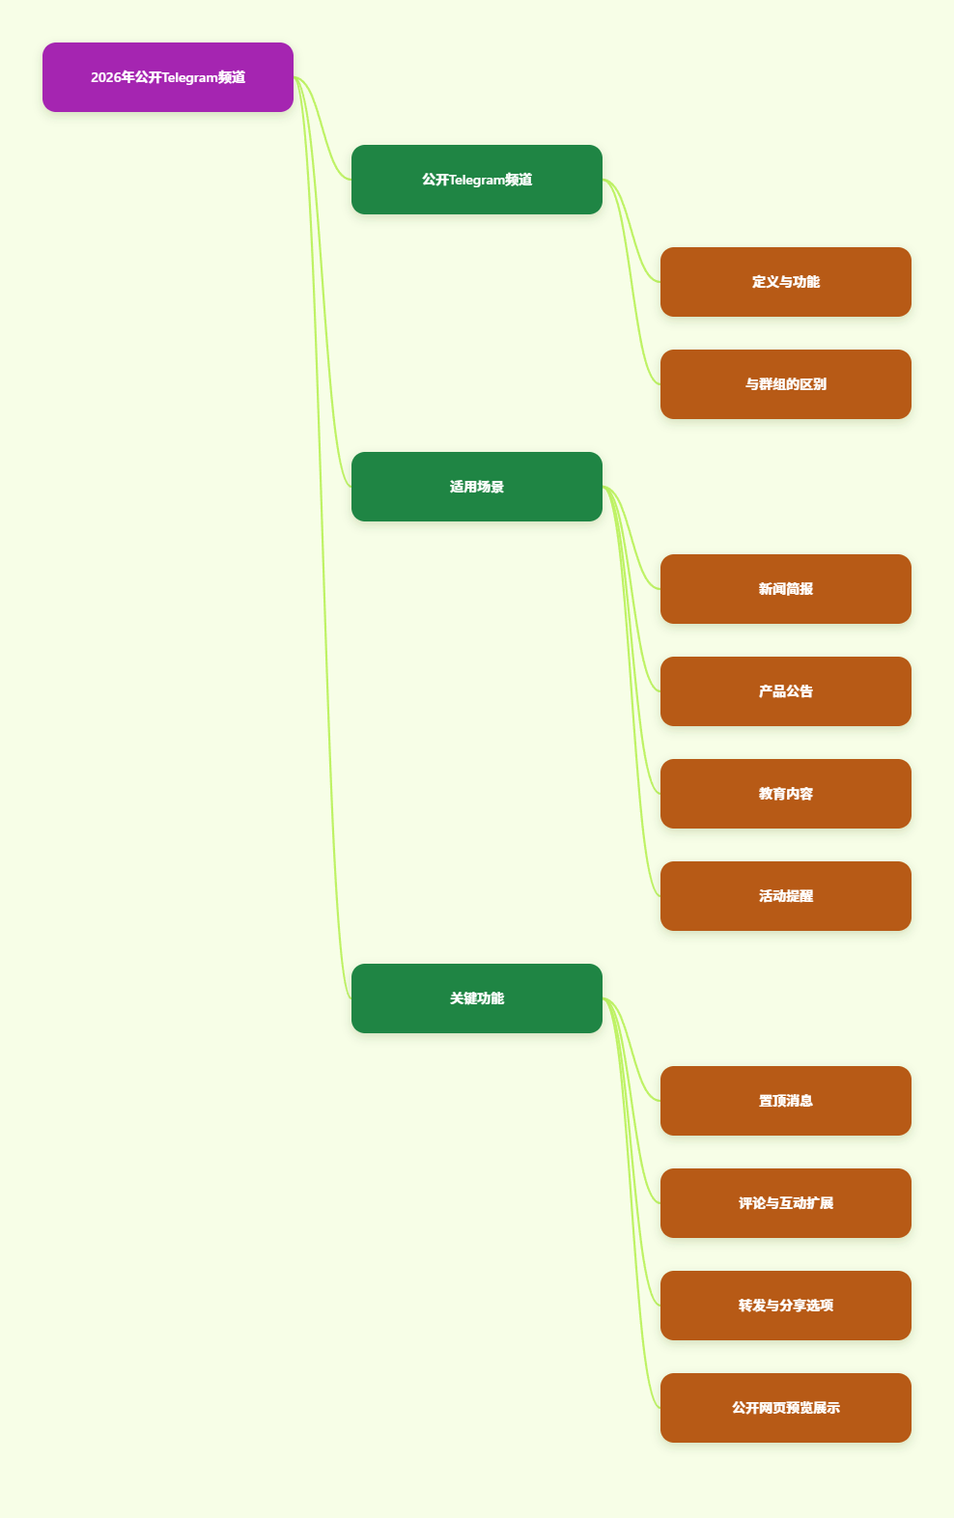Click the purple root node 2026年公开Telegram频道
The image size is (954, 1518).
coord(168,77)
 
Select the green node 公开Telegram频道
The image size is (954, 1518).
coord(477,180)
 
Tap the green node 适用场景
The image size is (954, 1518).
coord(477,487)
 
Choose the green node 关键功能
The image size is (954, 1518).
coord(477,998)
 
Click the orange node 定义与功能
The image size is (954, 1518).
coord(786,282)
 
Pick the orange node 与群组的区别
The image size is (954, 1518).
coord(786,384)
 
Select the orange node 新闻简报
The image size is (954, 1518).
coord(786,589)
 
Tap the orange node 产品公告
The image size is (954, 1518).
coord(786,691)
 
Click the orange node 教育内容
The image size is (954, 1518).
coord(786,794)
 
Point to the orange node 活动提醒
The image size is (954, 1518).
coord(786,896)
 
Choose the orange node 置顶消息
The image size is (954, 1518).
coord(786,1101)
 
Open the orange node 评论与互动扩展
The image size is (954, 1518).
coord(786,1203)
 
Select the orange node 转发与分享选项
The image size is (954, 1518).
coord(786,1306)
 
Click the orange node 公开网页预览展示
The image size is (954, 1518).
coord(786,1408)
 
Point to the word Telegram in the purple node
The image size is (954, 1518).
coord(189,78)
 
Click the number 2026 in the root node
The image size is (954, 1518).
coord(105,77)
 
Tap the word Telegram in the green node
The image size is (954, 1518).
coord(477,181)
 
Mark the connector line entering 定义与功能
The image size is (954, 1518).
coord(631,231)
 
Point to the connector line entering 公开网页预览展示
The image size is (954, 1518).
coord(631,1203)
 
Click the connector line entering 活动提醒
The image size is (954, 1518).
coord(631,691)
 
